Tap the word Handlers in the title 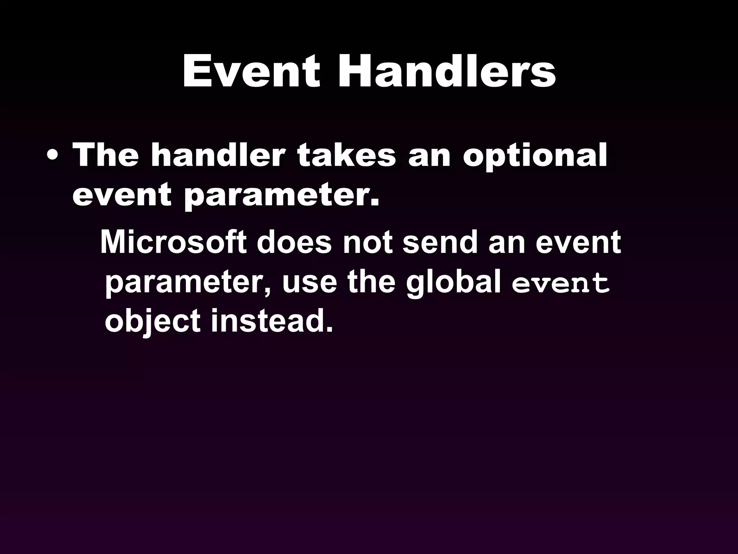click(x=446, y=72)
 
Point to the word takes click(x=346, y=156)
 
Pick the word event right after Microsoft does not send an click(x=578, y=243)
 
